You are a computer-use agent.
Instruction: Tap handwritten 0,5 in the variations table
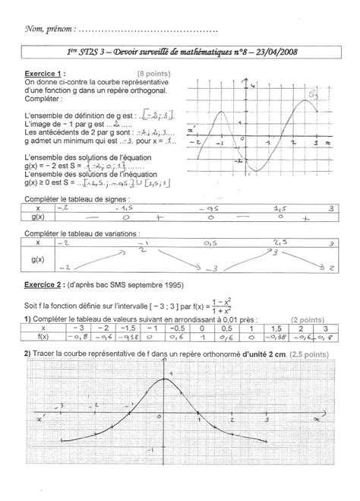click(x=210, y=243)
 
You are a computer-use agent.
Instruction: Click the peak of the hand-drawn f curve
click(x=162, y=381)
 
